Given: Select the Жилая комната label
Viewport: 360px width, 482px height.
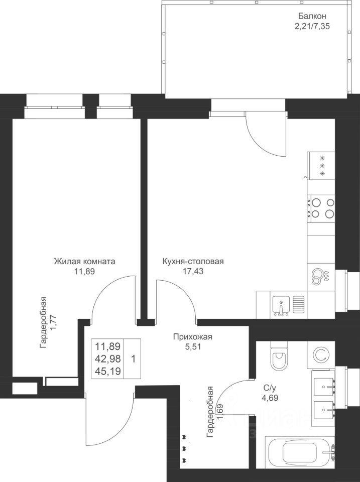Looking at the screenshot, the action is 85,262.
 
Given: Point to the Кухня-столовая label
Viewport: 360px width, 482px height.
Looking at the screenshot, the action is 193,262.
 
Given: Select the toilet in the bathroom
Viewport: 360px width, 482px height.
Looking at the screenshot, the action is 278,357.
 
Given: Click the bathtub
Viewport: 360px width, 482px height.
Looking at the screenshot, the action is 300,452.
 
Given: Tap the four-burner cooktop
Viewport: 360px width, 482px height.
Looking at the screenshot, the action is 322,208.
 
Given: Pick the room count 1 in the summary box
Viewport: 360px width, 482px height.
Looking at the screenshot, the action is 133,359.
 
